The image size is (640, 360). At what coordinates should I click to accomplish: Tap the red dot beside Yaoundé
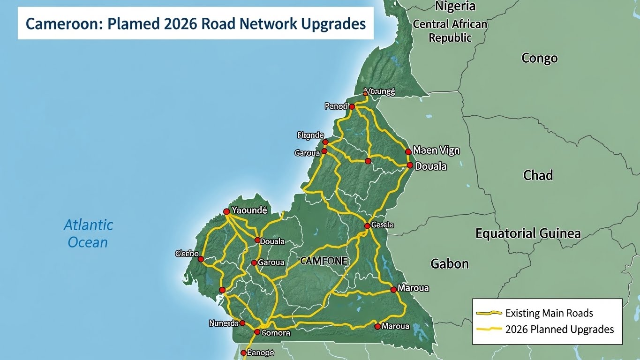click(226, 212)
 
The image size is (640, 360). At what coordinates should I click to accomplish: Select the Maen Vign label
click(436, 150)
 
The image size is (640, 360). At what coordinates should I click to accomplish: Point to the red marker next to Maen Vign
click(408, 151)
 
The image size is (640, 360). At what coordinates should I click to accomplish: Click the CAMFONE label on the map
click(324, 261)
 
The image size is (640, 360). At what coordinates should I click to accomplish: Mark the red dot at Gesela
click(367, 226)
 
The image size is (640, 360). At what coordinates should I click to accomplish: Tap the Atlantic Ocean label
click(88, 233)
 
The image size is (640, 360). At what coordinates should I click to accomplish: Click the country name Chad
click(538, 175)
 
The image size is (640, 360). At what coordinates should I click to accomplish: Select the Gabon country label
click(450, 263)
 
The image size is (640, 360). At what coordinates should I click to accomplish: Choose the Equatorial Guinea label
click(528, 233)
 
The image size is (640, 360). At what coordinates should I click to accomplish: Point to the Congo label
click(539, 58)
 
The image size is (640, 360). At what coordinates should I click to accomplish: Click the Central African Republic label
click(450, 31)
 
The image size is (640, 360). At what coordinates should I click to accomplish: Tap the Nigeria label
click(455, 6)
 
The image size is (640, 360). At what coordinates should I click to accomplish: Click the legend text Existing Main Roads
click(549, 313)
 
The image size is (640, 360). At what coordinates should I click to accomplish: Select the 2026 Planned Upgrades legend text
click(559, 329)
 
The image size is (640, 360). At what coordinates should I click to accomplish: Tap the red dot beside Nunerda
click(242, 323)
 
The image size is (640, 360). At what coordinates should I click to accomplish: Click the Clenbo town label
click(187, 254)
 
